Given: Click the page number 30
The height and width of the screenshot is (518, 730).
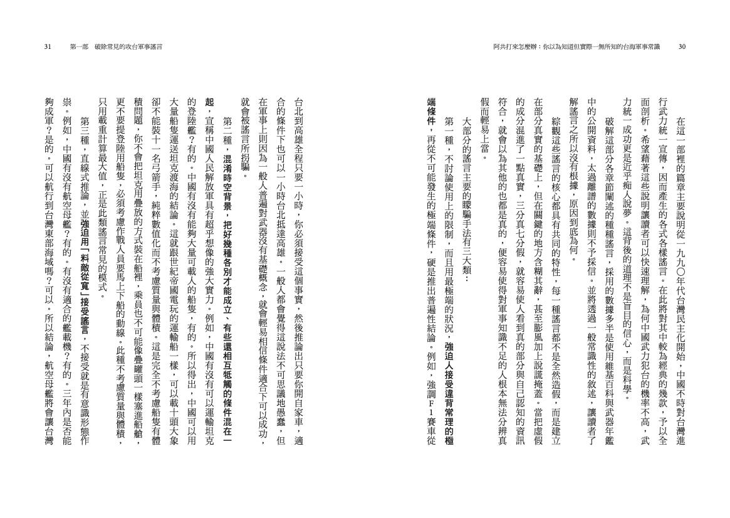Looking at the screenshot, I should pyautogui.click(x=682, y=46).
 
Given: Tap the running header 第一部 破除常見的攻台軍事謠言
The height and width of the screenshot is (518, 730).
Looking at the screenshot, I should pyautogui.click(x=113, y=46).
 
